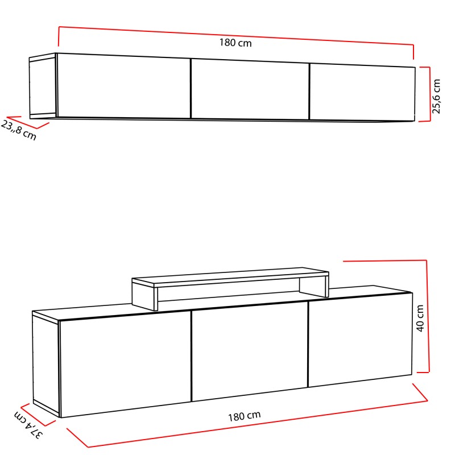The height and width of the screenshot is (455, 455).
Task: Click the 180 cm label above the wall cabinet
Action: [x=235, y=43]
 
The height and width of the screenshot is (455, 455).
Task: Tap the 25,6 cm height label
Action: [x=436, y=96]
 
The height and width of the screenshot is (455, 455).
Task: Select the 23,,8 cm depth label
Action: [x=19, y=131]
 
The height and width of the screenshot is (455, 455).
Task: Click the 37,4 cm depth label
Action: [x=28, y=426]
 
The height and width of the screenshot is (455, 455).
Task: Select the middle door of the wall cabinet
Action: [x=250, y=89]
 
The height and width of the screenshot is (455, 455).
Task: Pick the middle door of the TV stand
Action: [x=250, y=354]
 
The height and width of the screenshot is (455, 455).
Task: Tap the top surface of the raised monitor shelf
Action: [x=227, y=275]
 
